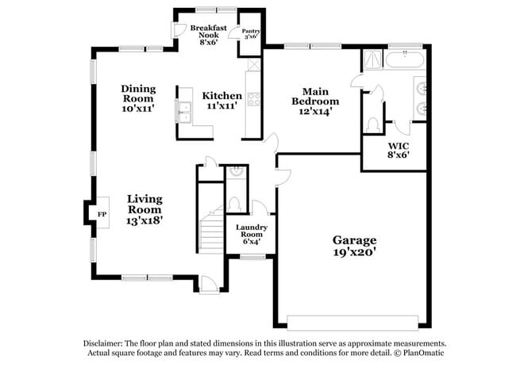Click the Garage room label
coord(354,240)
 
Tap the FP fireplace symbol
coord(101,215)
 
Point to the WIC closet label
coord(398,146)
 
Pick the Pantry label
coord(251,33)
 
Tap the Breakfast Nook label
coord(209,33)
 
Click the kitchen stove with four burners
coord(255,100)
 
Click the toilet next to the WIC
coord(372,124)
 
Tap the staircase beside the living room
coord(211,230)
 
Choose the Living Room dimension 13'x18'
coord(145,221)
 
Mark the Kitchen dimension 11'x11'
coord(221,106)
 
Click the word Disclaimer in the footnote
coord(106,342)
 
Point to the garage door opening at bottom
coord(352,322)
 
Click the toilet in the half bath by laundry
coord(235,204)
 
